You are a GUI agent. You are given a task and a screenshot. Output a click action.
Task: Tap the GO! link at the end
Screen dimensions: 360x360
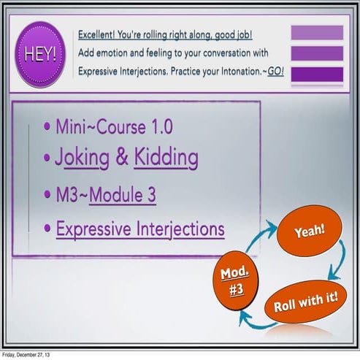(x=275, y=72)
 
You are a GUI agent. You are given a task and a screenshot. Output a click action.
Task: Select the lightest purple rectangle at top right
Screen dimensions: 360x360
(x=317, y=33)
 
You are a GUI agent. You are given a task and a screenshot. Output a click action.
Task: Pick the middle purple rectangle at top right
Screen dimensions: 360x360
(x=317, y=53)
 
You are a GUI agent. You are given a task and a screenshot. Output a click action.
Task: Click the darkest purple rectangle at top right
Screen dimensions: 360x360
(x=317, y=74)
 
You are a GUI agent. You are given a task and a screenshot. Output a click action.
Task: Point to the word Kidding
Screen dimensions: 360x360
(x=166, y=158)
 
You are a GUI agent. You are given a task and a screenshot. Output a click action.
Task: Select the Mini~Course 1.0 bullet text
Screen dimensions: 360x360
(x=114, y=126)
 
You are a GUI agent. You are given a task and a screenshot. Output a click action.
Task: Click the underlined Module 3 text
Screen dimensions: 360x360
(x=123, y=196)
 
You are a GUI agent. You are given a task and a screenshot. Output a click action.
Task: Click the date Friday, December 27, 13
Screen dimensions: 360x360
(x=26, y=355)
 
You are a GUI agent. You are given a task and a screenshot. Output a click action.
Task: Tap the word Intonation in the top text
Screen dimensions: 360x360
(x=234, y=72)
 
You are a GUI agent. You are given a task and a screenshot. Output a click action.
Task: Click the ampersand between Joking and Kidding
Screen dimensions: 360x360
(x=122, y=158)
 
